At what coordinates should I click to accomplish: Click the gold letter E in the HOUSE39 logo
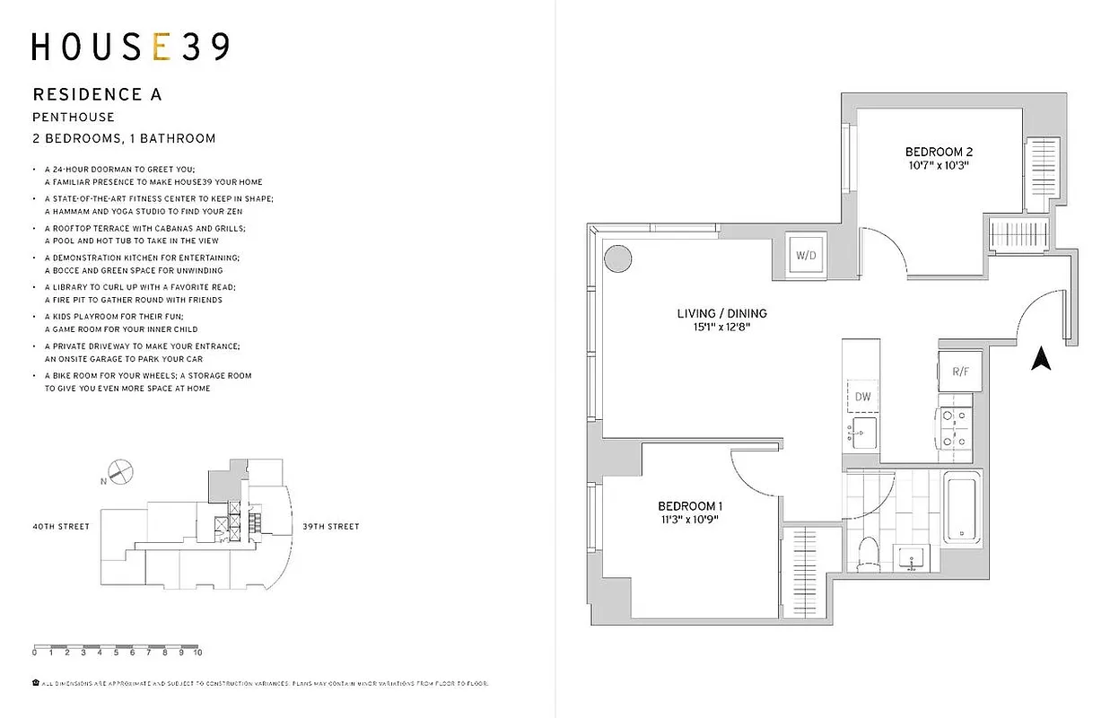click(x=162, y=47)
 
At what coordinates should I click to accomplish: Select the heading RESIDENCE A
click(x=97, y=94)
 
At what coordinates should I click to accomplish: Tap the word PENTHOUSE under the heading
click(x=74, y=117)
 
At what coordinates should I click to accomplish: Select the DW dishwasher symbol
click(x=862, y=396)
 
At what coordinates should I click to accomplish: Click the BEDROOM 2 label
click(x=939, y=152)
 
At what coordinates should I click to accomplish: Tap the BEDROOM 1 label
click(x=689, y=506)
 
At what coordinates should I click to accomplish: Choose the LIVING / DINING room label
click(x=721, y=313)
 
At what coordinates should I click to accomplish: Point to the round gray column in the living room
click(x=616, y=260)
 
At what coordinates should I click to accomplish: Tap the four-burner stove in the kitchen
click(x=954, y=429)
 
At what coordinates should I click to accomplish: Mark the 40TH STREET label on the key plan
click(x=60, y=527)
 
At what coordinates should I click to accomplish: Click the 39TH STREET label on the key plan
click(x=330, y=527)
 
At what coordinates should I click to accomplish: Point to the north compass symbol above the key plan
click(x=120, y=470)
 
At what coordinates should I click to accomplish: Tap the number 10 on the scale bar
click(x=197, y=653)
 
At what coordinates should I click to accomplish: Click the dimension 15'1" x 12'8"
click(x=721, y=328)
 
